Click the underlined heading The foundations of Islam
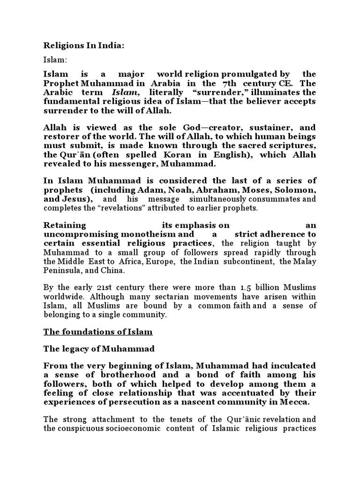point(98,332)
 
